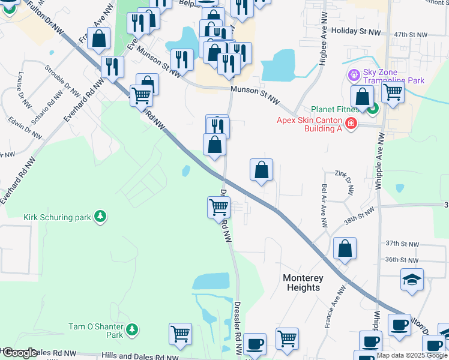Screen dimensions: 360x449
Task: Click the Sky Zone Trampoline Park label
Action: coord(394,76)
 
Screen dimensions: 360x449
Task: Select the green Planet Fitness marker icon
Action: coord(373,109)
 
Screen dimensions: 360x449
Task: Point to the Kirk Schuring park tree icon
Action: coord(101,216)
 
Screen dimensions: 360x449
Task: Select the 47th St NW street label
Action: coord(410,35)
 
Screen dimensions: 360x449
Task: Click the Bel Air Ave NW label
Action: coord(324,206)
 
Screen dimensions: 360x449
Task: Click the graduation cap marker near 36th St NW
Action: coord(412,279)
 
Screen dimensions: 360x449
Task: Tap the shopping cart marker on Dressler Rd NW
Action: coord(218,208)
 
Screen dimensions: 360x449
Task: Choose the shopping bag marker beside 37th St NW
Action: coord(345,248)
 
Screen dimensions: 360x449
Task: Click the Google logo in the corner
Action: coord(20,353)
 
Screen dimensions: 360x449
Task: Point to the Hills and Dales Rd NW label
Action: coord(140,355)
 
